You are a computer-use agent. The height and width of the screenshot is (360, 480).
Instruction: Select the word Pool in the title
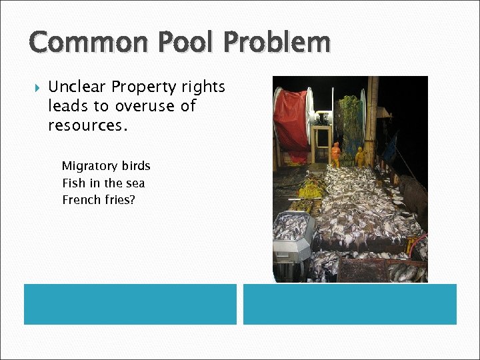[x=185, y=43]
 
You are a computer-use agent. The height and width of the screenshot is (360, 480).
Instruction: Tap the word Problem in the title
[x=277, y=43]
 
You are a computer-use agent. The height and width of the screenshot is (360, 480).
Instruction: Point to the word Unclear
[x=77, y=87]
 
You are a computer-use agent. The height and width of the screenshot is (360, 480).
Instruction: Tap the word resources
[x=87, y=125]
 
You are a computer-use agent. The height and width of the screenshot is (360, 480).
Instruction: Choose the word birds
[x=136, y=166]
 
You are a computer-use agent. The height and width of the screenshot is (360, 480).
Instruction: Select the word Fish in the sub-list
[x=73, y=183]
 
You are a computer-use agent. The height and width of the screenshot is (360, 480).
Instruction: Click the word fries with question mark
[x=119, y=200]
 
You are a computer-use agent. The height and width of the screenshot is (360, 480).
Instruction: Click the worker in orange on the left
[x=335, y=154]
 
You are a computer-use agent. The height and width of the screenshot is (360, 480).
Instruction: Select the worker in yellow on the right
[x=360, y=157]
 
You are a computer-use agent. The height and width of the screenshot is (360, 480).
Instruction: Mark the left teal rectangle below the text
[x=130, y=304]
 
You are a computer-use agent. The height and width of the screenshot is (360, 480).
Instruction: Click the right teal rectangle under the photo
[x=349, y=304]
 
